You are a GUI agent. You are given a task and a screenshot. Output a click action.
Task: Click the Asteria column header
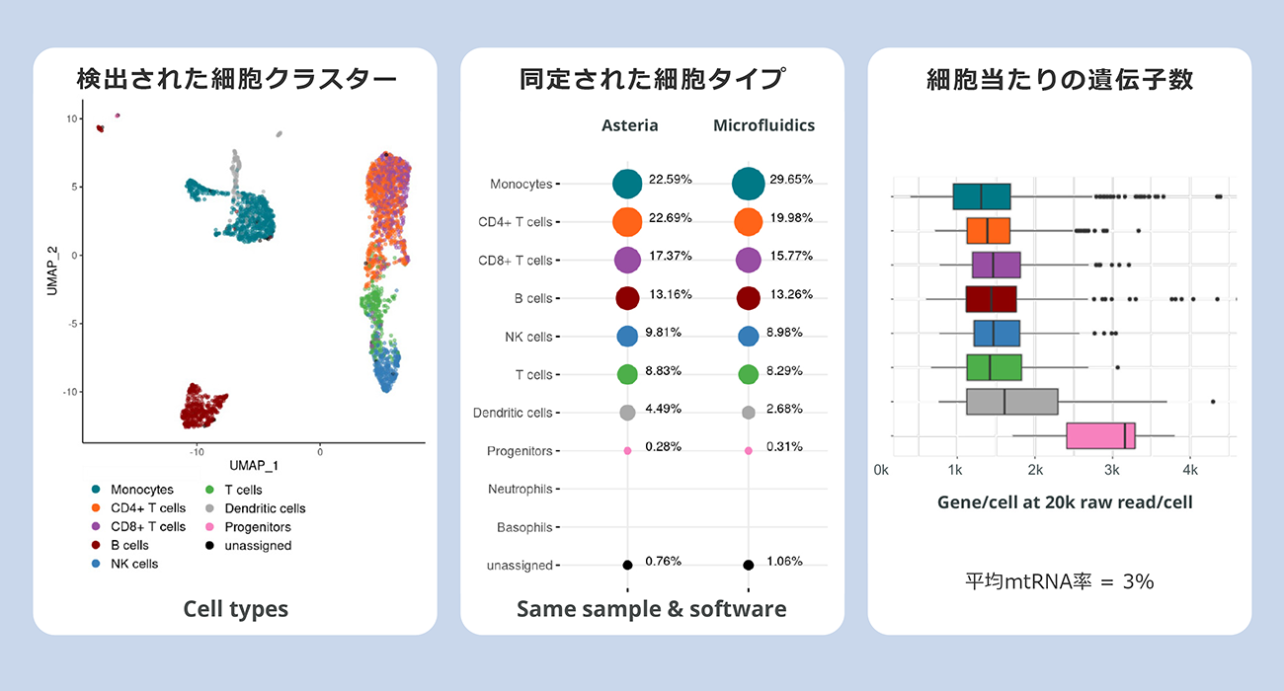pyautogui.click(x=629, y=125)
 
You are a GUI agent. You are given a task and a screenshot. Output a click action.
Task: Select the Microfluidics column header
pyautogui.click(x=763, y=125)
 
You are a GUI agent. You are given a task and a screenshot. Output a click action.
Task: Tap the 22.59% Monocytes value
pyautogui.click(x=670, y=180)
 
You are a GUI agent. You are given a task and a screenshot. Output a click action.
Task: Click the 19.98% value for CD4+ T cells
pyautogui.click(x=791, y=218)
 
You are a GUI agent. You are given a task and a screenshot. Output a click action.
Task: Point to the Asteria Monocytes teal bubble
pyautogui.click(x=627, y=184)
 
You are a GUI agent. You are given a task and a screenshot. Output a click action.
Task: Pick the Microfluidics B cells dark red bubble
pyautogui.click(x=748, y=298)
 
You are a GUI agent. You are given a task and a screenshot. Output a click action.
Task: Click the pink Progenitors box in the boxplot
pyautogui.click(x=1100, y=436)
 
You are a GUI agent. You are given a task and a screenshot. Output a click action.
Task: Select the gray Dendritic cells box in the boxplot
pyautogui.click(x=1011, y=402)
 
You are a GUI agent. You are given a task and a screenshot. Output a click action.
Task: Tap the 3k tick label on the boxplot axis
pyautogui.click(x=1112, y=471)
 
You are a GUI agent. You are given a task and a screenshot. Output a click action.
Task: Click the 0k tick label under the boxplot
pyautogui.click(x=881, y=471)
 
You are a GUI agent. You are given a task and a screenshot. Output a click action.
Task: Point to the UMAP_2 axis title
pyautogui.click(x=52, y=271)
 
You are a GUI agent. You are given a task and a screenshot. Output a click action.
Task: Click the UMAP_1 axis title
pyautogui.click(x=254, y=465)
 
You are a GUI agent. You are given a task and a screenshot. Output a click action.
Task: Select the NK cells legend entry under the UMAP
pyautogui.click(x=125, y=564)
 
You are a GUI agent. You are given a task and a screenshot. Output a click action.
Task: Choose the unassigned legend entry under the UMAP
pyautogui.click(x=249, y=546)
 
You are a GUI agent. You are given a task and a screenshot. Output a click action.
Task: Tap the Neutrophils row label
pyautogui.click(x=520, y=490)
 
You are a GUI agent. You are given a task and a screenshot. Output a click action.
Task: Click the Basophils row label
pyautogui.click(x=524, y=527)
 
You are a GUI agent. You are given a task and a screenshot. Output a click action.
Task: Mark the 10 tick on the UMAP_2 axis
pyautogui.click(x=72, y=119)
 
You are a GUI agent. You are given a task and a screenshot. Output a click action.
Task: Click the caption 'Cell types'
pyautogui.click(x=236, y=609)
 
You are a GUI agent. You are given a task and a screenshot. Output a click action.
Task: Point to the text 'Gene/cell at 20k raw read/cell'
pyautogui.click(x=1065, y=502)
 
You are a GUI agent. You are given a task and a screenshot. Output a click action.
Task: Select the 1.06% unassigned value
pyautogui.click(x=784, y=561)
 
